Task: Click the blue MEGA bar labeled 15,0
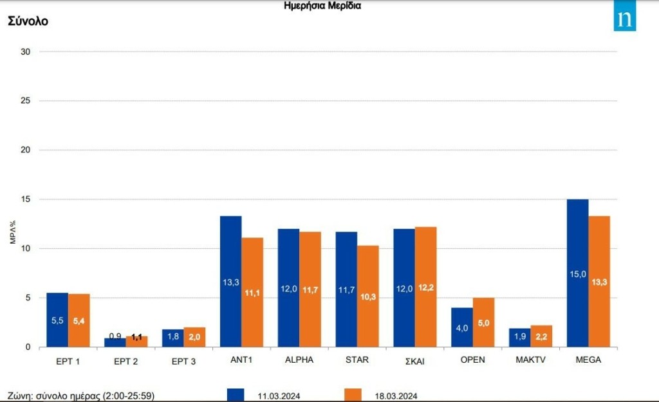[577, 273]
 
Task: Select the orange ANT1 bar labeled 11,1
[252, 293]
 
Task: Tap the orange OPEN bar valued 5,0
[484, 322]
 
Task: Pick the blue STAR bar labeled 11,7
[346, 289]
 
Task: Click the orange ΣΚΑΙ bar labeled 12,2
[426, 287]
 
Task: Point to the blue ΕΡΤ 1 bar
[57, 320]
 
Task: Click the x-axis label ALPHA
[299, 360]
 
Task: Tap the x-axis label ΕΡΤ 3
[183, 361]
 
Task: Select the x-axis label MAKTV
[530, 360]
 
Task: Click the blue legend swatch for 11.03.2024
[236, 395]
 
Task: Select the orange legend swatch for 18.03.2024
[353, 395]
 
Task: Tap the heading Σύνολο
[28, 21]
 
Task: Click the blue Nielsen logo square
[624, 19]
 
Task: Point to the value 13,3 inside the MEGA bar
[599, 281]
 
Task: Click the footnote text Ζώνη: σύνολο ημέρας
[81, 395]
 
